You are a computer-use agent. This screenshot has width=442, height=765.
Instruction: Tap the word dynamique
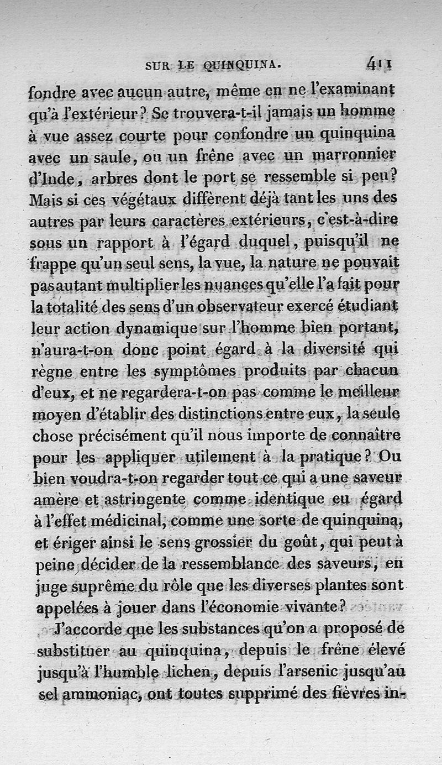point(156,328)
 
